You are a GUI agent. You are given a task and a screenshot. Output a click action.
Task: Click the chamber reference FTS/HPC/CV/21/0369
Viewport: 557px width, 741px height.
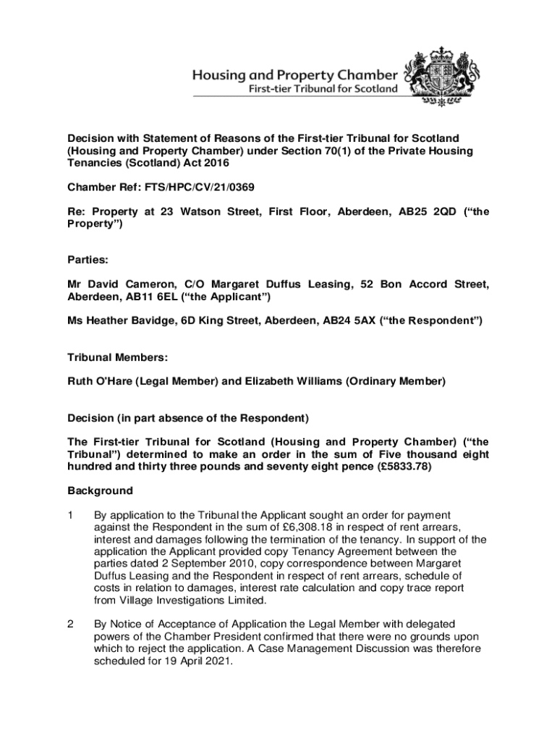coord(196,187)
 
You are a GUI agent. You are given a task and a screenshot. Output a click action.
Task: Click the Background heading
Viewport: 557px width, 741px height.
coord(101,491)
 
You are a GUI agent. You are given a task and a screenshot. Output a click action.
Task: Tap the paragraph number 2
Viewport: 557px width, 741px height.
coord(71,623)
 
